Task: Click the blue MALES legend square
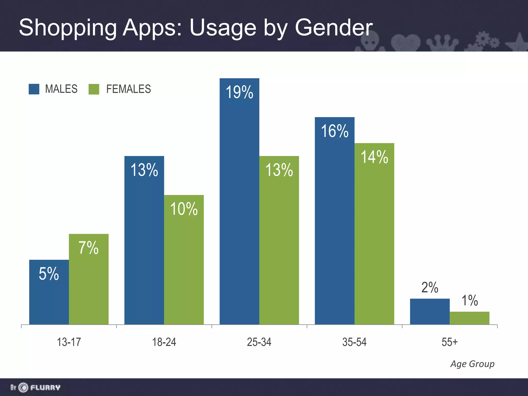34,89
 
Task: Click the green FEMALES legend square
94,89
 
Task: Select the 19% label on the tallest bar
239,92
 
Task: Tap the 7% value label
88,248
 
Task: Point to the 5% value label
49,274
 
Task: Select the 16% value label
335,131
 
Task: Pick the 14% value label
374,157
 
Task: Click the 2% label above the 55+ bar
430,287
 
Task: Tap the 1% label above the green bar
469,300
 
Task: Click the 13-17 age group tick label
69,342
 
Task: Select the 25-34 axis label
259,342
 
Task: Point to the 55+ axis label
450,342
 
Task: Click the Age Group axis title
472,364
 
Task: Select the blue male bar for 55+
430,311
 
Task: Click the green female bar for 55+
469,318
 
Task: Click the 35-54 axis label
354,342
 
